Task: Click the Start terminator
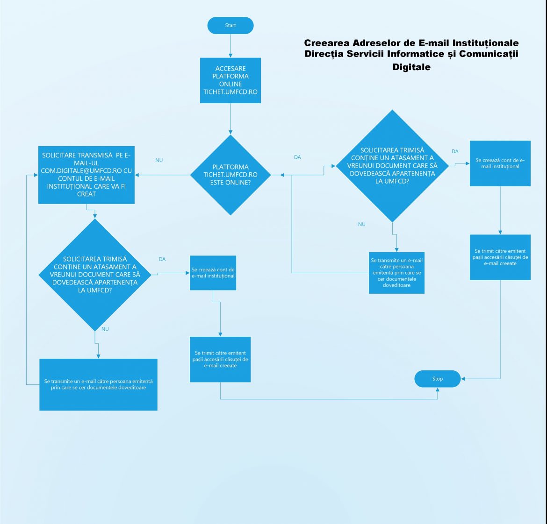230,26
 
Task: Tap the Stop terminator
437,379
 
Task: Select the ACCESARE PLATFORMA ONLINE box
230,80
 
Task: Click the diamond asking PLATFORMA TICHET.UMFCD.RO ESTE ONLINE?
230,175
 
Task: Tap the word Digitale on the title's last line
411,67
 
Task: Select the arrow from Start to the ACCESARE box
230,46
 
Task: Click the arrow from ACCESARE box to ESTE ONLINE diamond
230,119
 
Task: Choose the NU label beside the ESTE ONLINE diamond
159,160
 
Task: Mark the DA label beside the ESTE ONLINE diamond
297,157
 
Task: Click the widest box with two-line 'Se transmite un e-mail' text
98,384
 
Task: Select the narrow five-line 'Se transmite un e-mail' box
396,273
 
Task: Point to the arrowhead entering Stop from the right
463,379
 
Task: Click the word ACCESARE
230,69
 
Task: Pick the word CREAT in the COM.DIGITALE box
86,194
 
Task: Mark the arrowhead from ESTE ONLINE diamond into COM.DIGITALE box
137,175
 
